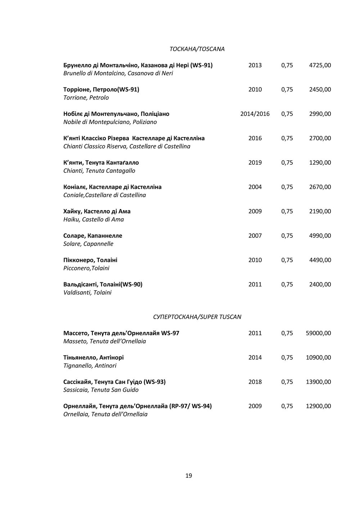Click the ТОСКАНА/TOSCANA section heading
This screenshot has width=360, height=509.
click(x=197, y=49)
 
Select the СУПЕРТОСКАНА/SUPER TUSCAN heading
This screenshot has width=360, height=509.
click(x=197, y=317)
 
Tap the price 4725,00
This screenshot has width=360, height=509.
click(x=320, y=65)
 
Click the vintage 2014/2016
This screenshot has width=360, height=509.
click(x=255, y=114)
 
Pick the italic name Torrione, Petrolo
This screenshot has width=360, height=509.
click(x=86, y=98)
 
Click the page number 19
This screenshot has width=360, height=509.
click(x=189, y=476)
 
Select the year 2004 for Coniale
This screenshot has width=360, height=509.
click(x=255, y=187)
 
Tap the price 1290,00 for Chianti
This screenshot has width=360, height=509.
click(x=320, y=163)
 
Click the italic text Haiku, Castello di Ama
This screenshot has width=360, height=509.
click(x=94, y=219)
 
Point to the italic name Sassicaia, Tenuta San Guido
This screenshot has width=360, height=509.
click(x=101, y=390)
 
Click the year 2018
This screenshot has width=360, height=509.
click(x=255, y=382)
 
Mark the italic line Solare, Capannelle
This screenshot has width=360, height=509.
click(x=88, y=244)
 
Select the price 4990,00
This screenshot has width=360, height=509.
click(x=320, y=236)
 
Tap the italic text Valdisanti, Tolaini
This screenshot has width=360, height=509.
click(x=87, y=292)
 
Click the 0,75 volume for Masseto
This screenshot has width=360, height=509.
click(x=287, y=333)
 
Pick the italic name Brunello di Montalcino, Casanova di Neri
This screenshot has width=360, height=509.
click(x=118, y=73)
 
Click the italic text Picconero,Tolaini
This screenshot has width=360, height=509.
click(x=86, y=268)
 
